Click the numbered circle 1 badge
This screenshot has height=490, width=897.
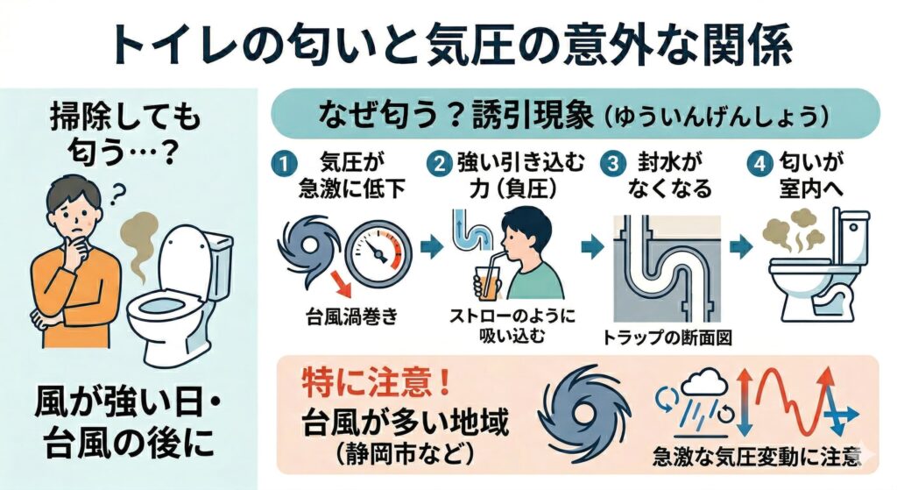[x=283, y=165]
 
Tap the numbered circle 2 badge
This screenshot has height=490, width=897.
[x=440, y=164]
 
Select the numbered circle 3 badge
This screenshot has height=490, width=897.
[x=612, y=164]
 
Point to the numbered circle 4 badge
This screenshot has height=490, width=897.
[x=759, y=164]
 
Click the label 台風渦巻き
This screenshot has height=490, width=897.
[x=352, y=316]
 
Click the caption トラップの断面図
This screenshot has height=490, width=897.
[x=667, y=337]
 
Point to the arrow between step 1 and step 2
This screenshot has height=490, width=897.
[x=431, y=247]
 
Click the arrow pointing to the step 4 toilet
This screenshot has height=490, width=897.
[x=741, y=247]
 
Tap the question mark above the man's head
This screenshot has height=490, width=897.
[x=118, y=194]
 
